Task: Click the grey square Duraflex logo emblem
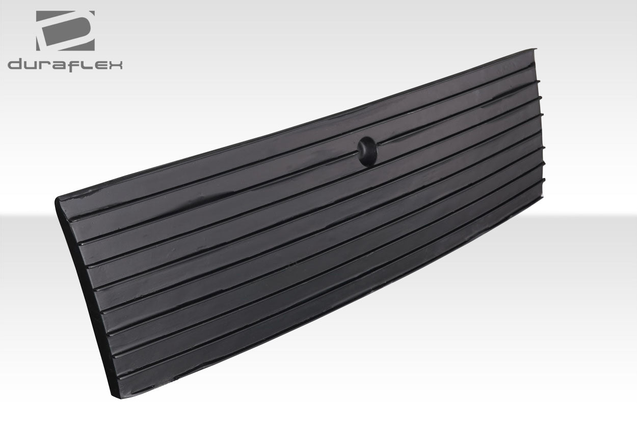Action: click(65, 31)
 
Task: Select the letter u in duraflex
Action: click(33, 65)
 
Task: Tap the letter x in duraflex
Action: click(115, 65)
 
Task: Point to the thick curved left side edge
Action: click(84, 296)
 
